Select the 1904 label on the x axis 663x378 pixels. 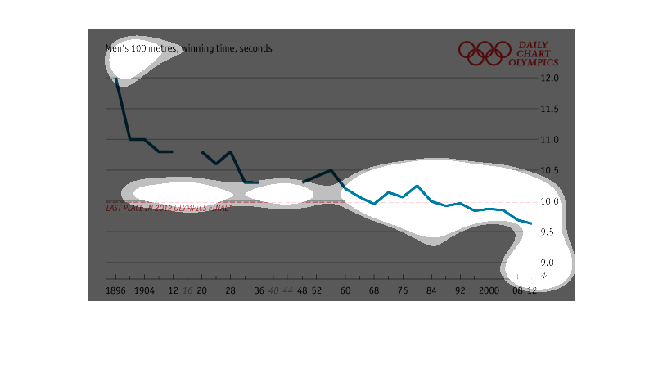(x=144, y=290)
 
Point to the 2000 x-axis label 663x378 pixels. (x=489, y=290)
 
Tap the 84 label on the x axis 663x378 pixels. (x=431, y=290)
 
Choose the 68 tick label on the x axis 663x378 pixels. (x=374, y=290)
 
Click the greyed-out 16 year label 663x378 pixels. (x=187, y=290)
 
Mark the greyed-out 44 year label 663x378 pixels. (x=288, y=290)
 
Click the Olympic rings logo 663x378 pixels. (x=484, y=53)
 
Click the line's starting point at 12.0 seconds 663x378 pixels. (x=116, y=79)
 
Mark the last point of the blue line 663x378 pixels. (x=532, y=223)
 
